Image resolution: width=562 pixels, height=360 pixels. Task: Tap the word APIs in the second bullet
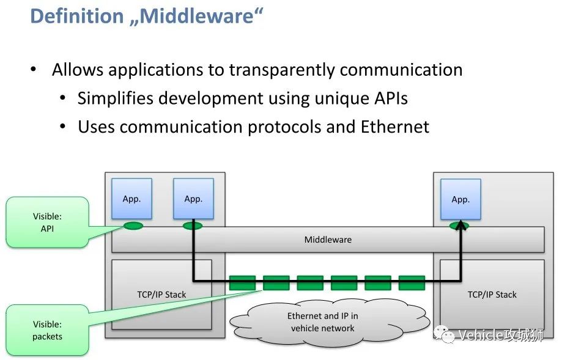tap(388, 98)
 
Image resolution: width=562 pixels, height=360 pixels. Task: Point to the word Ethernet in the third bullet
tap(394, 127)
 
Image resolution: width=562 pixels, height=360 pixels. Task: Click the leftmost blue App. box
tap(131, 199)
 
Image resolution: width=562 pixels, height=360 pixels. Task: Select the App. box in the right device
tap(460, 199)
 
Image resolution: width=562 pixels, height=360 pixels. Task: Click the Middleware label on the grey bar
tap(328, 240)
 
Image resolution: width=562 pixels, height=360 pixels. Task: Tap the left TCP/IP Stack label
tap(161, 295)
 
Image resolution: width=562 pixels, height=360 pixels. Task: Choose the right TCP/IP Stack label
tap(492, 295)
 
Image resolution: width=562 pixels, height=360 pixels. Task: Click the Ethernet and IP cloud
tap(323, 321)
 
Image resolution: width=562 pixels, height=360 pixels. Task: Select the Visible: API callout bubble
tap(47, 222)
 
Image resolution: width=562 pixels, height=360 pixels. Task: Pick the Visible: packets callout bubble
tap(47, 330)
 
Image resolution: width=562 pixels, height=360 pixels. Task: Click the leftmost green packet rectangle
tap(243, 282)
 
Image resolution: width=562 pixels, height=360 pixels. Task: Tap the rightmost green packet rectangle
tap(412, 282)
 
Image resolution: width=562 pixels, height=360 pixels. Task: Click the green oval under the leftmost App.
tap(133, 226)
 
